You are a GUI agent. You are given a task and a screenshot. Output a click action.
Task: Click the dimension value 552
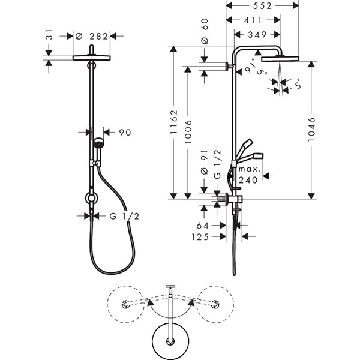(262, 5)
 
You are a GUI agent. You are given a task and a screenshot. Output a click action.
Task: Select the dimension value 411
(253, 20)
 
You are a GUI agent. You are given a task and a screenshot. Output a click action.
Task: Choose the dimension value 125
(200, 237)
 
